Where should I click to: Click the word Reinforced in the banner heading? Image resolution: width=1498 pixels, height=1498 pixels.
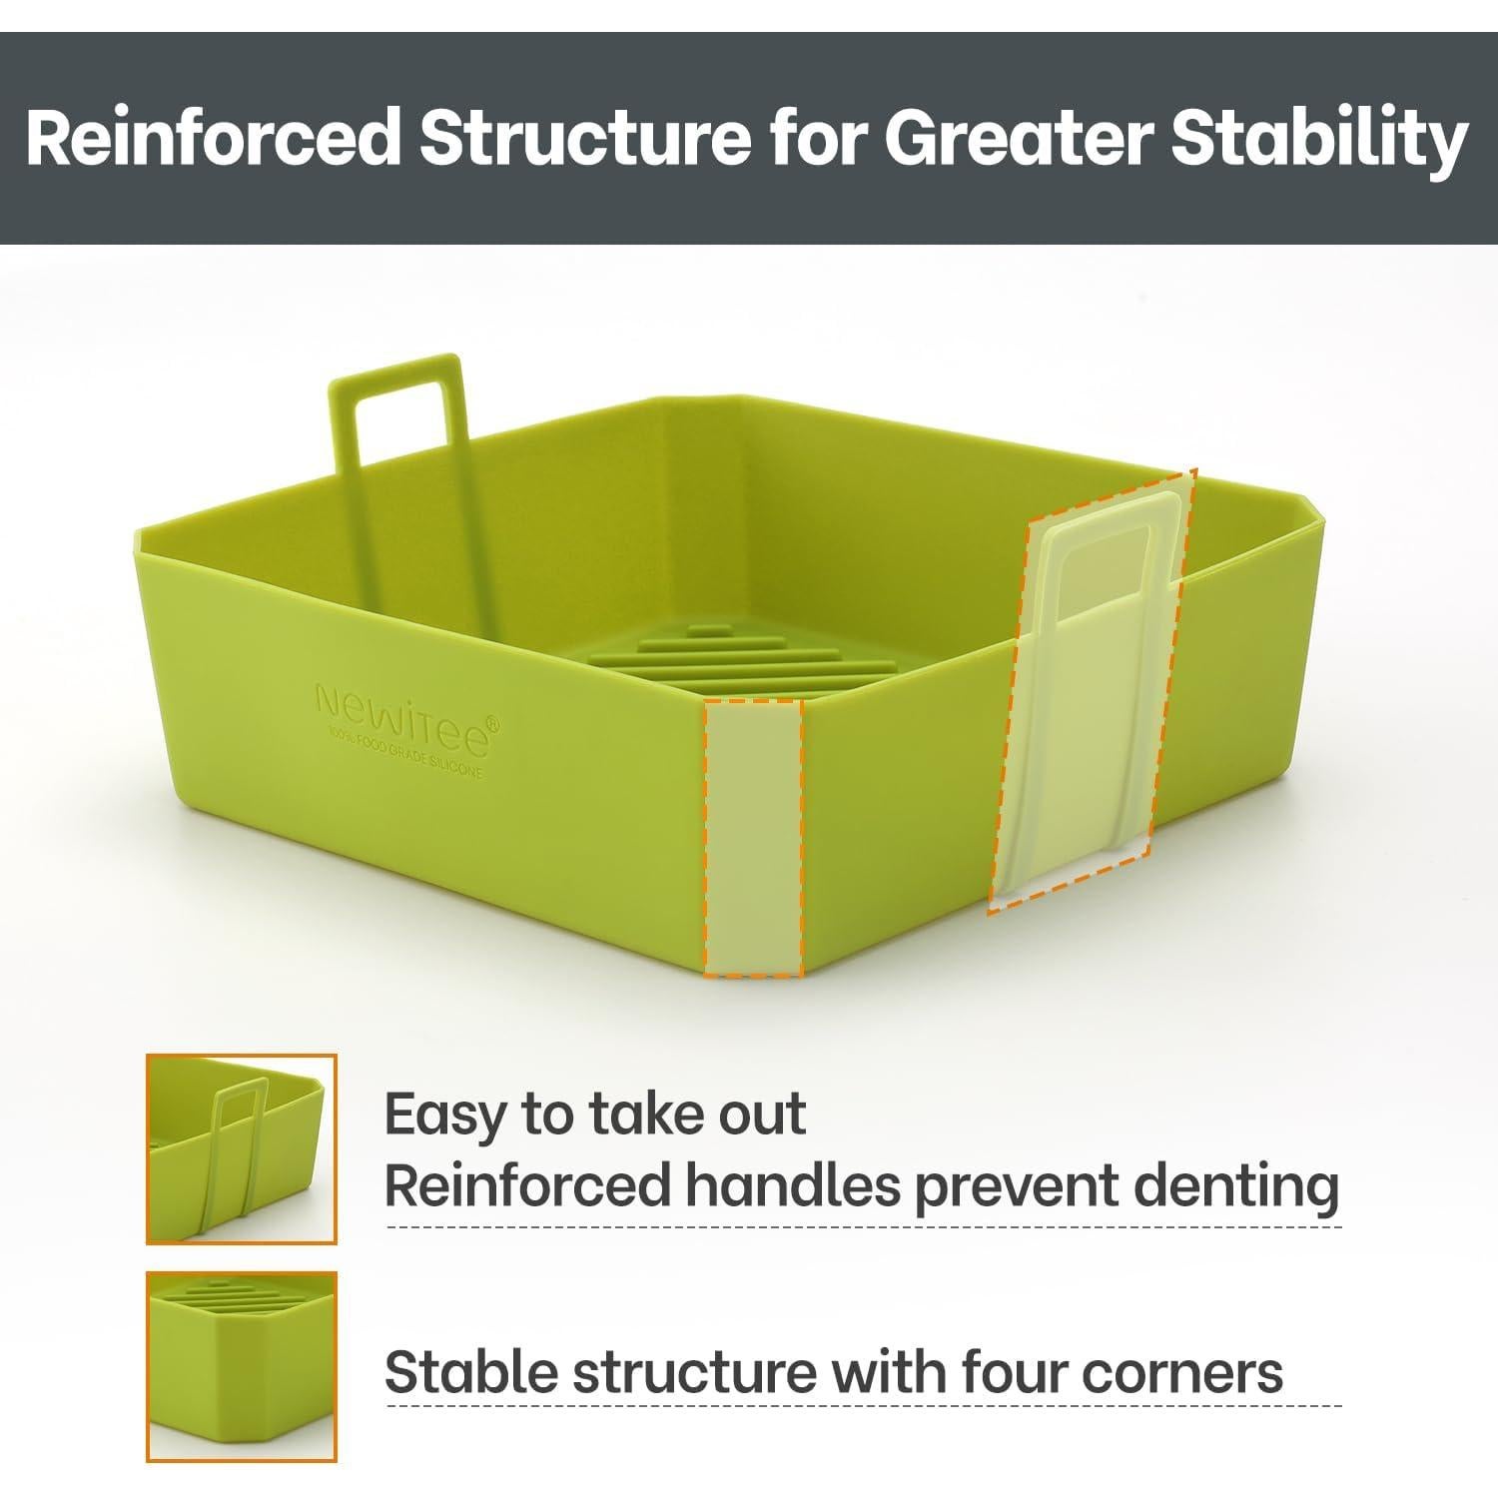214,138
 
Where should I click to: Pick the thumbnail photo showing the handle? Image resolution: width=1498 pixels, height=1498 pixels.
242,1148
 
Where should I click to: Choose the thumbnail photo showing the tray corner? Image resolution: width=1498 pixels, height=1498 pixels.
242,1366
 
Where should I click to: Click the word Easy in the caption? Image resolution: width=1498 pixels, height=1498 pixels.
446,1117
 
